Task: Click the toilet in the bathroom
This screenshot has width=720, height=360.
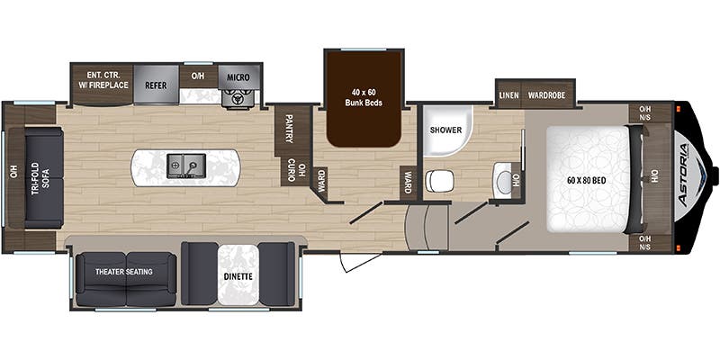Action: [439, 181]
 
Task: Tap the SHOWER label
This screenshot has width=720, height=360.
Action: [445, 130]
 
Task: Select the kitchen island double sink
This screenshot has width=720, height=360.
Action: [185, 166]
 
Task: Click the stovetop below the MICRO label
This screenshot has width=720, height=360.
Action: [238, 98]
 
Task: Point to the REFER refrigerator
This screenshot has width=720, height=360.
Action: [156, 85]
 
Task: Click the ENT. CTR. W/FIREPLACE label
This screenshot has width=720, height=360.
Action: [107, 80]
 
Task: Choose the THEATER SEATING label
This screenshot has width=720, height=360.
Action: [124, 272]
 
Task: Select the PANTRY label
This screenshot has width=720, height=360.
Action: [289, 129]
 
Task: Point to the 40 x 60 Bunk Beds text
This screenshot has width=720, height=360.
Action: [364, 97]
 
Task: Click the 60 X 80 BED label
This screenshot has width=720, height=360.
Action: [587, 181]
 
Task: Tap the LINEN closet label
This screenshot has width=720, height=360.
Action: [508, 95]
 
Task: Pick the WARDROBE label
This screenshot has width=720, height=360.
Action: [546, 95]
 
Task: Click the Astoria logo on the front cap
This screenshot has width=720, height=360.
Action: [684, 175]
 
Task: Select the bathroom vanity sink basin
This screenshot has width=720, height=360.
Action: [502, 182]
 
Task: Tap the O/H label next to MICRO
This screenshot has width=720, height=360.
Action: [198, 76]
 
